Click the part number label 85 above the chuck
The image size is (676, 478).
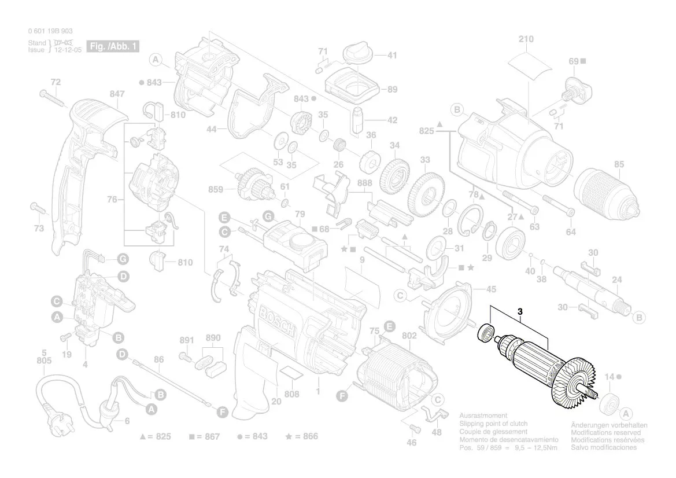coord(619,165)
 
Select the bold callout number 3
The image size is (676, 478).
coord(520,312)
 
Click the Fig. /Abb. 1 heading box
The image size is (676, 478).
coord(112,46)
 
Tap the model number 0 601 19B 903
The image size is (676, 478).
coord(50,31)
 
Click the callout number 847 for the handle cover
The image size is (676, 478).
coord(117,94)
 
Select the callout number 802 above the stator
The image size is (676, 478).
coord(409,336)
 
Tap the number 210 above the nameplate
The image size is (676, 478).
coord(526,39)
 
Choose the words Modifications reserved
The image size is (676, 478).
coord(605,432)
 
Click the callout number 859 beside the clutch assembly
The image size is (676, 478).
coord(216,189)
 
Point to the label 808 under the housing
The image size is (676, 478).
coord(292,395)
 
